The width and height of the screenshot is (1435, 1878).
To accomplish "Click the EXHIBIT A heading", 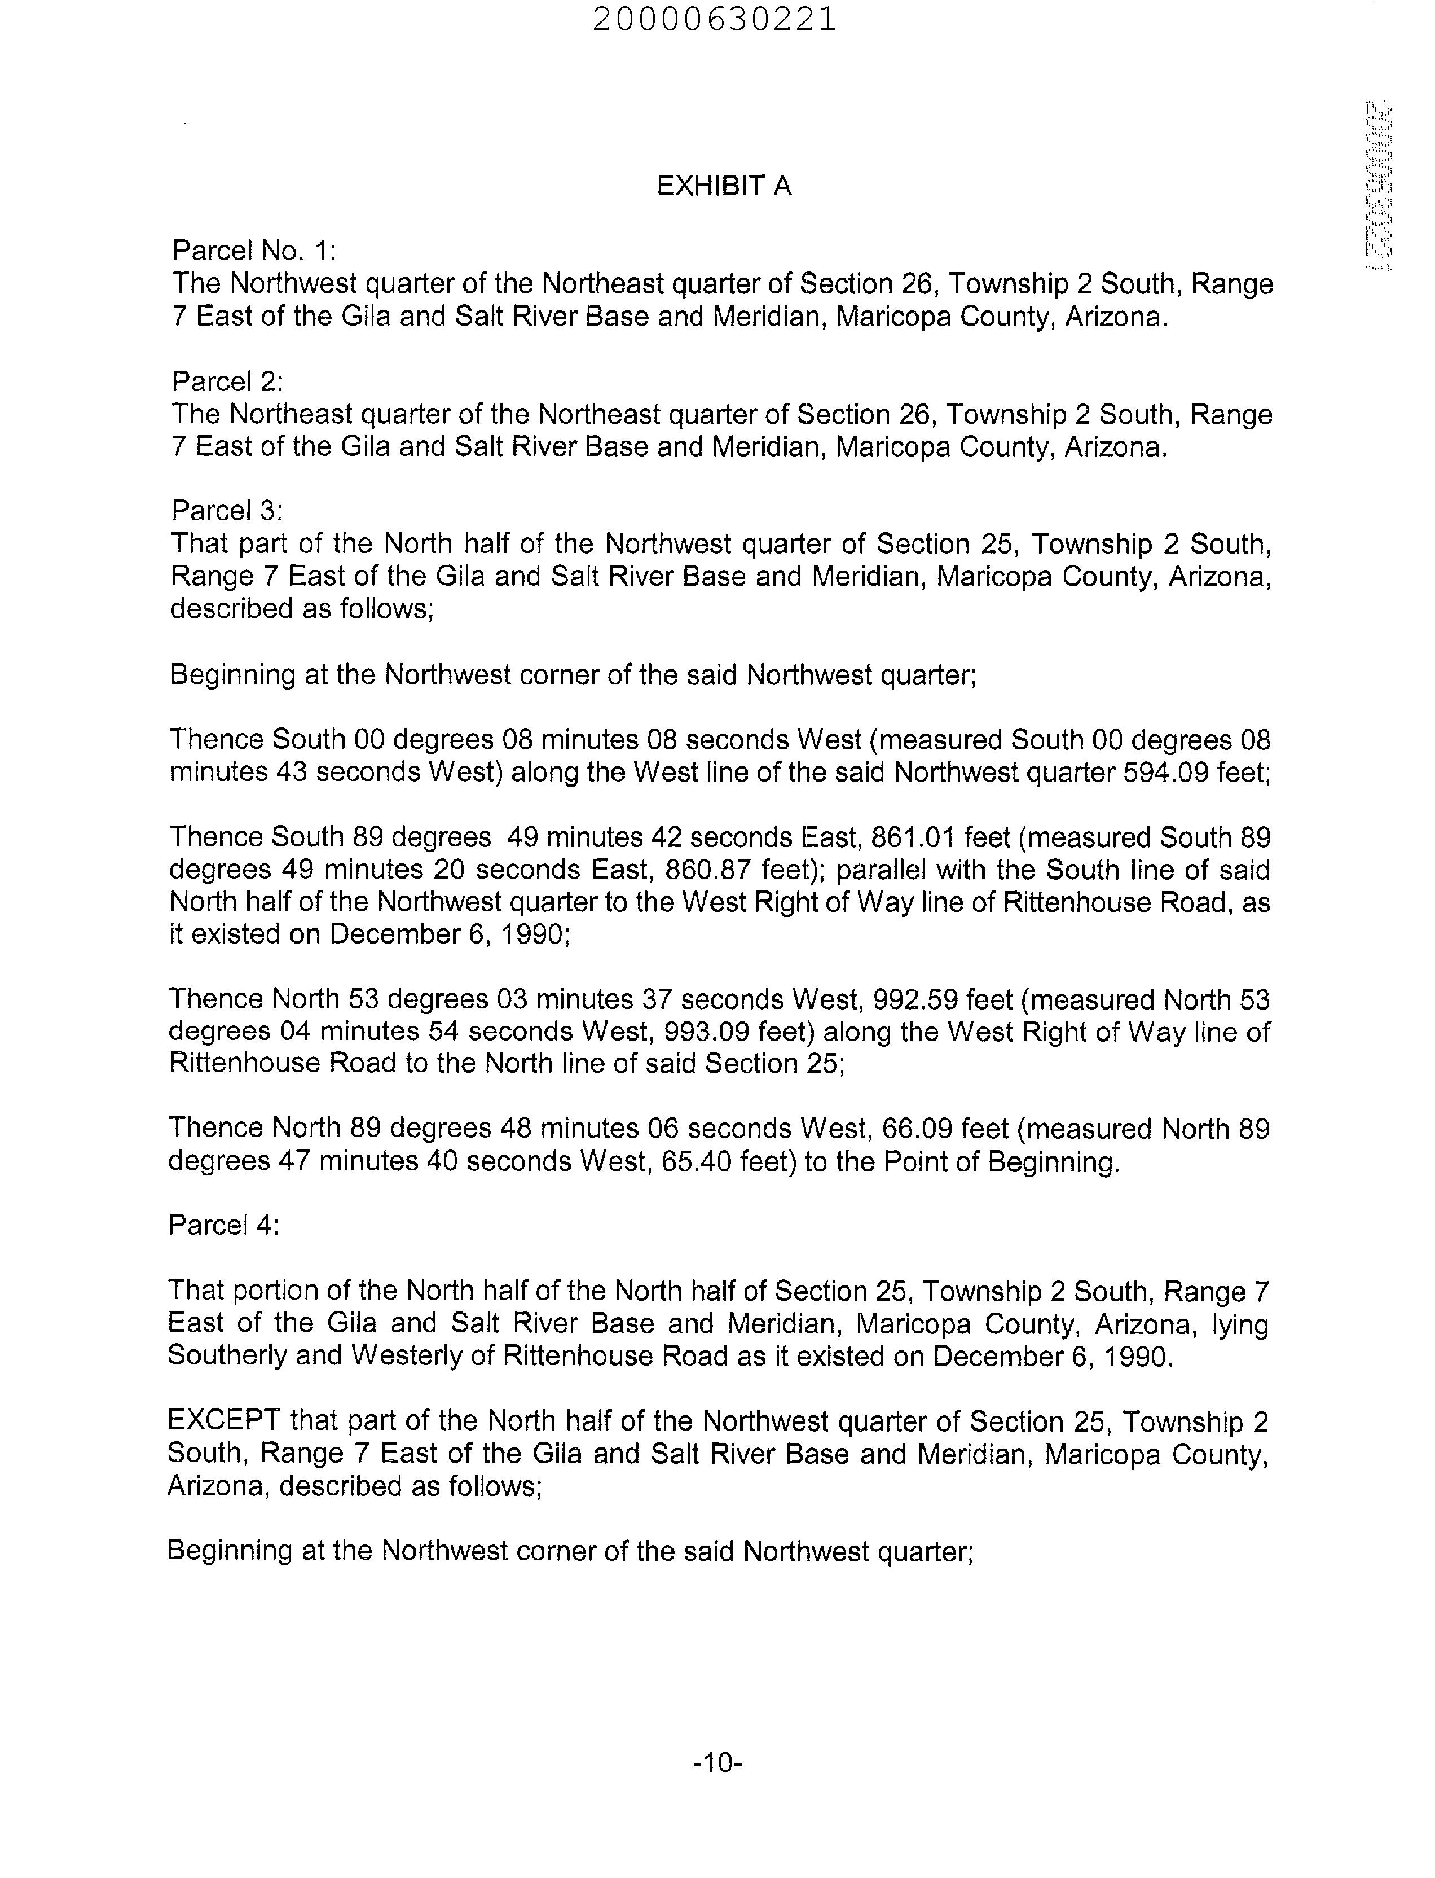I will [x=724, y=186].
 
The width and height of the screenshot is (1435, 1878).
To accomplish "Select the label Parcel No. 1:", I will [x=254, y=251].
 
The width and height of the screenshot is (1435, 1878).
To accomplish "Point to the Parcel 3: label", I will [x=226, y=510].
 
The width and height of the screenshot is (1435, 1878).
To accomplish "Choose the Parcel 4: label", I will [x=224, y=1225].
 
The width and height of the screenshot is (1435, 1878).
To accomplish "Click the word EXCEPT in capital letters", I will [x=224, y=1421].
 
